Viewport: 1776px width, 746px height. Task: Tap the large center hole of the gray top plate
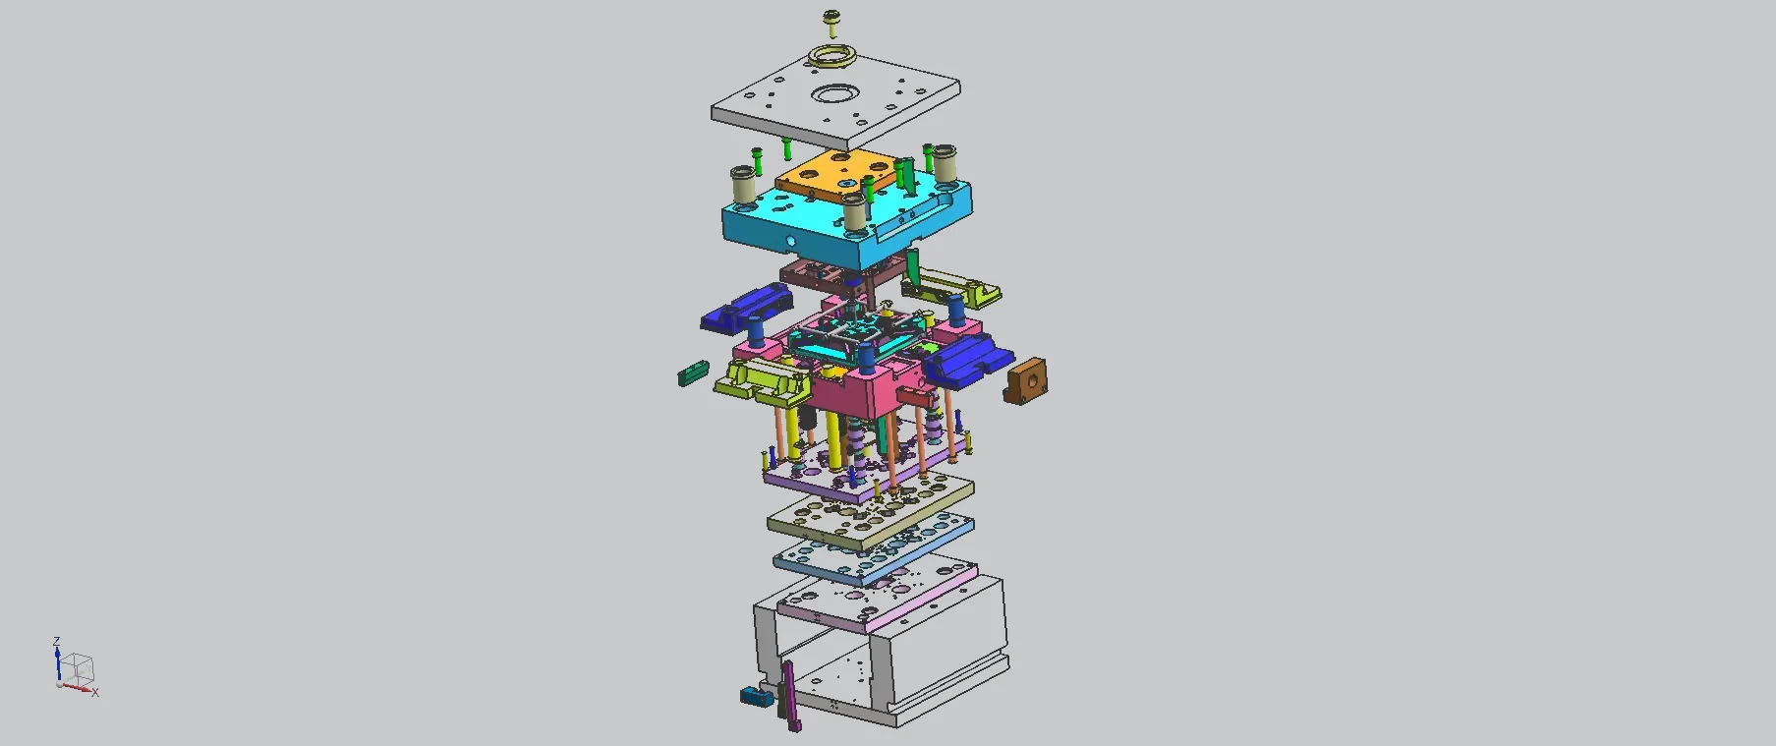click(x=834, y=96)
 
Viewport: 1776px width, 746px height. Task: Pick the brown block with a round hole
click(x=1026, y=380)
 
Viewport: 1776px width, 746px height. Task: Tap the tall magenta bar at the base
click(x=789, y=696)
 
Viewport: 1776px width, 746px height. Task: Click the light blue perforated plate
click(x=873, y=550)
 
